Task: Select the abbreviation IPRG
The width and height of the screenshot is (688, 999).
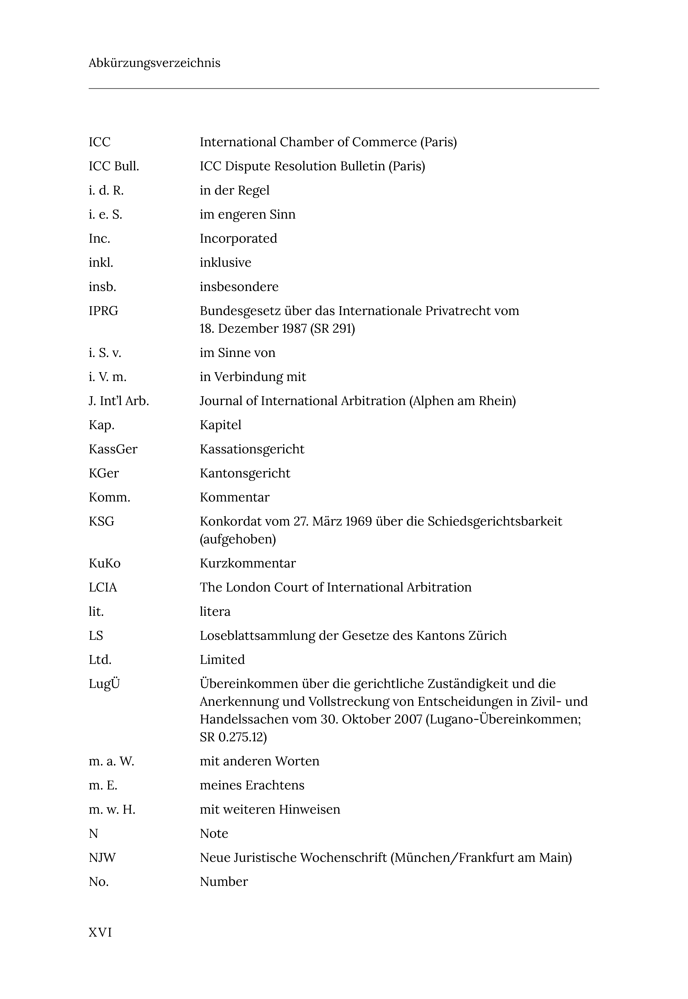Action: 104,311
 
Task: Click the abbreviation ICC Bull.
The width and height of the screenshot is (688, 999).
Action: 114,166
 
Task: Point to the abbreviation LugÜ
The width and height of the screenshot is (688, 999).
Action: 104,684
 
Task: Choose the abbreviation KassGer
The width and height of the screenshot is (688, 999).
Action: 113,449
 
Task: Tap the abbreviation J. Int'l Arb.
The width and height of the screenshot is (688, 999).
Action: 119,401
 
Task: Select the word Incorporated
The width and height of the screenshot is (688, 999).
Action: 238,239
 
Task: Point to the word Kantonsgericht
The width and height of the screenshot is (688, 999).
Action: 245,473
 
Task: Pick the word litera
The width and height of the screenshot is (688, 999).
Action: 215,611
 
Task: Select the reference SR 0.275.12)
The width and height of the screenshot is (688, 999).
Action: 233,737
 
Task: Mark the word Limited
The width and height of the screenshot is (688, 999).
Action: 222,660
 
